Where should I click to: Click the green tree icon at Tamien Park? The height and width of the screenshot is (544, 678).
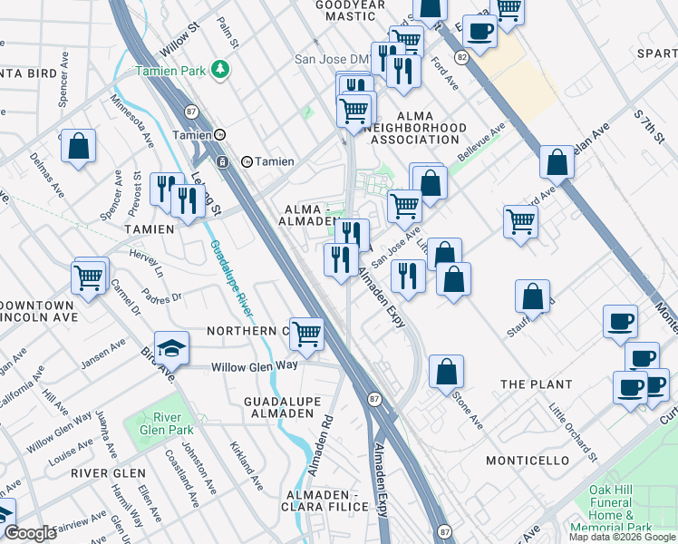pyautogui.click(x=218, y=69)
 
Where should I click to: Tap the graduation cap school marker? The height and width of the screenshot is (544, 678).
pyautogui.click(x=170, y=348)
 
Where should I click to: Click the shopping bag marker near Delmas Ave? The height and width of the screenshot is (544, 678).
pyautogui.click(x=79, y=147)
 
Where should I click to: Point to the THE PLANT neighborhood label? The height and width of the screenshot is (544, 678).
pyautogui.click(x=537, y=384)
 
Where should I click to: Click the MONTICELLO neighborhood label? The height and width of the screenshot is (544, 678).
pyautogui.click(x=527, y=461)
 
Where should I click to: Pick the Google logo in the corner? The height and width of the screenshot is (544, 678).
pyautogui.click(x=29, y=533)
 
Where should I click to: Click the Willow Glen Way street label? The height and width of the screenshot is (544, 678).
pyautogui.click(x=255, y=366)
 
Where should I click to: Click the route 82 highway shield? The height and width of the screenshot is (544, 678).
pyautogui.click(x=462, y=56)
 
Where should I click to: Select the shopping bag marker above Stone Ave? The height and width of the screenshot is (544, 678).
pyautogui.click(x=446, y=372)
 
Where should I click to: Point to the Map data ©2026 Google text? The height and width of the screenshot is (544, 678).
pyautogui.click(x=622, y=537)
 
